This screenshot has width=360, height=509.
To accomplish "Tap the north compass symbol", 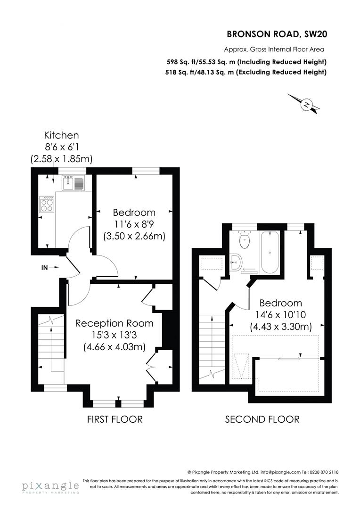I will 307,105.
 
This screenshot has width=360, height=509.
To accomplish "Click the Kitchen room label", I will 61,135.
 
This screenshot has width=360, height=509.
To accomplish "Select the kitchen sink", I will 73,182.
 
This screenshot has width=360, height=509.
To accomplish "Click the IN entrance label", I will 45,268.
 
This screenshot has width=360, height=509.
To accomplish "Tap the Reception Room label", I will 115,323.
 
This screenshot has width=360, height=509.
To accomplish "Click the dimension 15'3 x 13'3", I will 115,335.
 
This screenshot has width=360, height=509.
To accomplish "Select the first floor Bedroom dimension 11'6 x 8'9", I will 134,224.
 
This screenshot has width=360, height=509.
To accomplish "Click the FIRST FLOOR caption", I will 115,419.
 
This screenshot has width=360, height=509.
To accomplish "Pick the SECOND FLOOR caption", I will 262,419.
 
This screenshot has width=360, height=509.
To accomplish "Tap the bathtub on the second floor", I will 270,252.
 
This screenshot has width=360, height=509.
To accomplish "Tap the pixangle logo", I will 50,486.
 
